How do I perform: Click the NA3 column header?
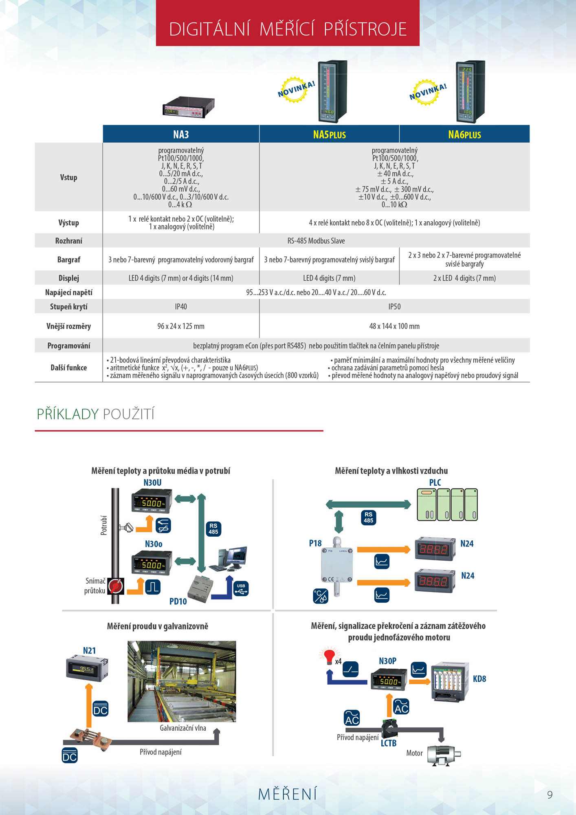(181, 134)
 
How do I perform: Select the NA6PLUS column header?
(464, 134)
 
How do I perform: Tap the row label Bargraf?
(68, 260)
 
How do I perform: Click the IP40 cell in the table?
(181, 306)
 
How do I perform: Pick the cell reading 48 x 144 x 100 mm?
(394, 326)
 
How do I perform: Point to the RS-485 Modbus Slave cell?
(316, 241)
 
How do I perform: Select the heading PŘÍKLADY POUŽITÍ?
(96, 414)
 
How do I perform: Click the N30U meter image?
(152, 501)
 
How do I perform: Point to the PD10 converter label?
(178, 601)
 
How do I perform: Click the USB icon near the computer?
(241, 588)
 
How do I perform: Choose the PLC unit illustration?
(447, 504)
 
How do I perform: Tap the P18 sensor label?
(315, 543)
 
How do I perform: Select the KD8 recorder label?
(479, 679)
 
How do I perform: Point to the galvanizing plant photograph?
(182, 681)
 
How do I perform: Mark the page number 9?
(550, 795)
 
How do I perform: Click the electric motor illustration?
(444, 755)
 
